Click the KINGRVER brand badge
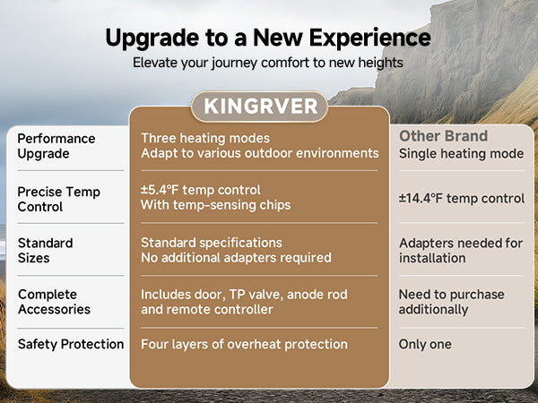[259, 107]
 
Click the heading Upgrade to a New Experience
[268, 38]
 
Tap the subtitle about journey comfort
[268, 63]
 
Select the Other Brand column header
[443, 136]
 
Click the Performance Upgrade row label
[56, 146]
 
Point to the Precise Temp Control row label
[58, 199]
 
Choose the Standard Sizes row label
[46, 251]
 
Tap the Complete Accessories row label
[54, 302]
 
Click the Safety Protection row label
[71, 344]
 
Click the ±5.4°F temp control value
[201, 190]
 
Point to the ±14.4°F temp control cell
[462, 199]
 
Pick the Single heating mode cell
[462, 153]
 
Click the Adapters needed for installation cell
[461, 251]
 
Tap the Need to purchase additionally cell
[452, 302]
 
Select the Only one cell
[425, 344]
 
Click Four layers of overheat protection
[244, 344]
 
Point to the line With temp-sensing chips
[216, 205]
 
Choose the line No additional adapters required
[236, 258]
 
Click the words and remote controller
[207, 310]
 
